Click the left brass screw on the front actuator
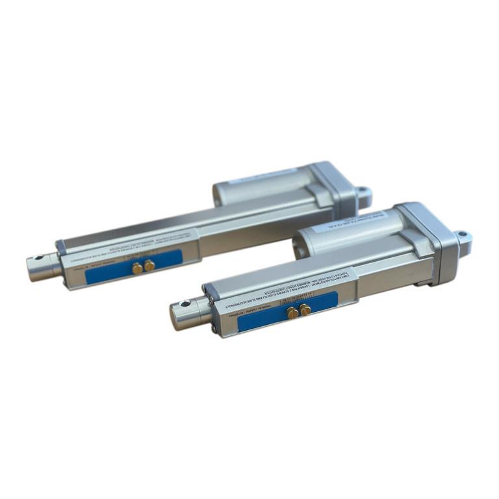point(292,313)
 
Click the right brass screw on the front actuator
point(305,310)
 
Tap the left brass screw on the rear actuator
point(138,268)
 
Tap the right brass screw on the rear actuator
point(149,265)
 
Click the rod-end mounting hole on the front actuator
point(186,303)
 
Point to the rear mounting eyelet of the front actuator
point(463,237)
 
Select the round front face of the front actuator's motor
point(301,247)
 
